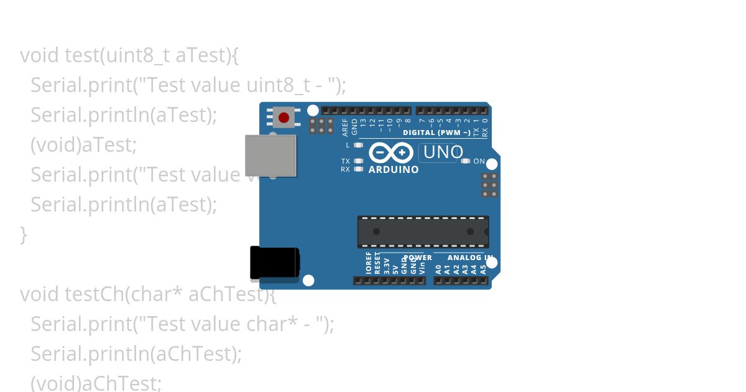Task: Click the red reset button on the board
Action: point(284,118)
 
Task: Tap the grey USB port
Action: point(270,155)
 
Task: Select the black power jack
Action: point(274,263)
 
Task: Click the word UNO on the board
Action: point(443,152)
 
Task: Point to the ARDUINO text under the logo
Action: point(394,169)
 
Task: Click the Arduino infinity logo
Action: point(390,152)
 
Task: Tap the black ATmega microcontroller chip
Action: point(423,231)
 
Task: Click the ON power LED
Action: point(466,161)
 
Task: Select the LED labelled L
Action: point(357,145)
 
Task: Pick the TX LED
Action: point(357,161)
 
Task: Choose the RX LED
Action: point(357,169)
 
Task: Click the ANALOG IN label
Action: point(470,258)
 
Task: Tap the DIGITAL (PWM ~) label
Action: point(436,133)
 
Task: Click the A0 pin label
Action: point(438,269)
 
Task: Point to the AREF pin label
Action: point(346,128)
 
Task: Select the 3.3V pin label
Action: point(387,266)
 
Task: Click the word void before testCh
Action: point(40,294)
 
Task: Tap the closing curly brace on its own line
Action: point(24,235)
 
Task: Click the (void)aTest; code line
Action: point(83,145)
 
